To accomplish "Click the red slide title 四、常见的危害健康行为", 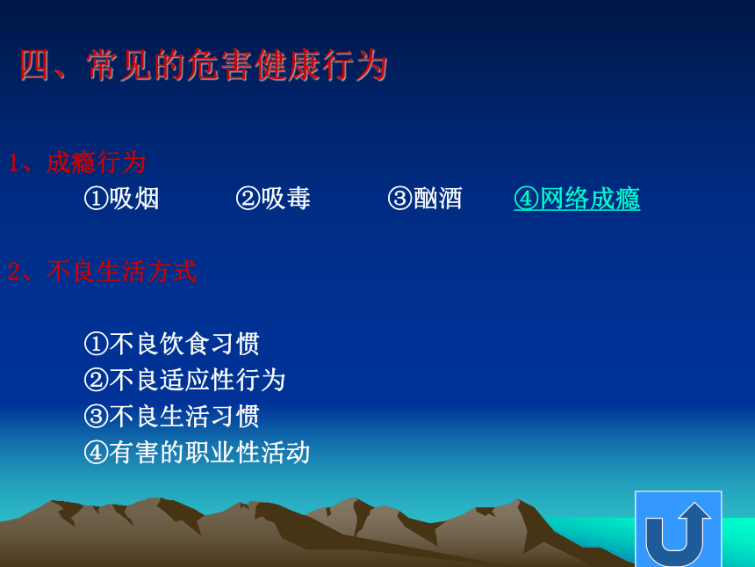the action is click(x=204, y=65).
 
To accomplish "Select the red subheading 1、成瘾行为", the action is click(x=77, y=163).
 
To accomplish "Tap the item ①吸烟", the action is click(x=121, y=198).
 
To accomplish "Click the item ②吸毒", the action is click(x=273, y=198).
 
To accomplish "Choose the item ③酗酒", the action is click(x=425, y=198).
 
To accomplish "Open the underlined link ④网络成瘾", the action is click(x=577, y=199).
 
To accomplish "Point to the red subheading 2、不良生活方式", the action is click(x=102, y=271).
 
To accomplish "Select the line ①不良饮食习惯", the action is click(x=172, y=344).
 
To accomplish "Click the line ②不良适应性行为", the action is click(x=184, y=380).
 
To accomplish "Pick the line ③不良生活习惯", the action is click(x=172, y=416).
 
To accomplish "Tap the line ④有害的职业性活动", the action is click(x=197, y=452).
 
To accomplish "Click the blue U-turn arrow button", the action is click(x=679, y=529).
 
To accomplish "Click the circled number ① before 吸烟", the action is click(x=97, y=199).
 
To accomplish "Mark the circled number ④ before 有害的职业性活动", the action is click(x=97, y=453).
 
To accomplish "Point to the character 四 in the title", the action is click(x=34, y=65).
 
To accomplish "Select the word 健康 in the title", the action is click(x=287, y=65).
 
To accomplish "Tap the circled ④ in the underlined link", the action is click(x=526, y=199).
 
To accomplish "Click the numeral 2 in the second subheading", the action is click(x=13, y=272).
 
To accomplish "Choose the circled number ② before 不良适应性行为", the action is click(x=97, y=381).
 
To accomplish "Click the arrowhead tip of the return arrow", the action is click(x=694, y=503).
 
